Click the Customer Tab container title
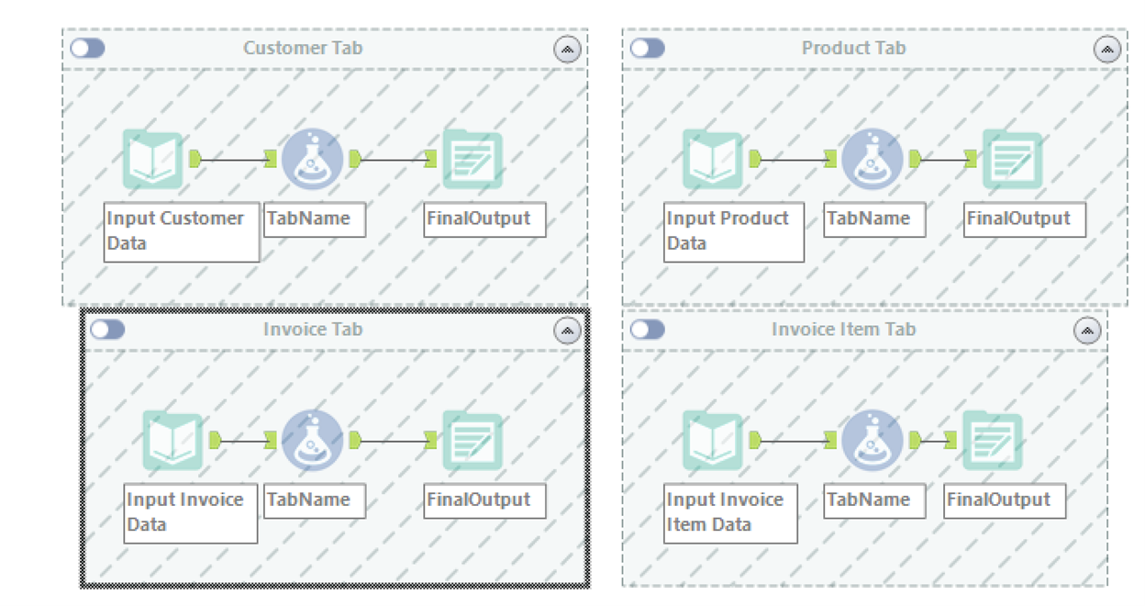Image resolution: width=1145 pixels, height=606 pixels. click(303, 48)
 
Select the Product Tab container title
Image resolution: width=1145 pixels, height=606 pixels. click(853, 48)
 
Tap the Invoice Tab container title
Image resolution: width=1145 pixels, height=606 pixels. click(313, 329)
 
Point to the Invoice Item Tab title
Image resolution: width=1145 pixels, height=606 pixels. click(843, 329)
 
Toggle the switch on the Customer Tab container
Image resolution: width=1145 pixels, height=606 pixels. click(88, 48)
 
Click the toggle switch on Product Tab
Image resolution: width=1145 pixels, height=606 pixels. click(647, 48)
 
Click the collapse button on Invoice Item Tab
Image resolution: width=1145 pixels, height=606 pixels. click(1087, 331)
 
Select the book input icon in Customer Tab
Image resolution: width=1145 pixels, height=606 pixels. click(153, 159)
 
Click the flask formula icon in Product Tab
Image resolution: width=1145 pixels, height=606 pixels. click(872, 159)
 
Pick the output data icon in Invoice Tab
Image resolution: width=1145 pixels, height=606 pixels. click(472, 441)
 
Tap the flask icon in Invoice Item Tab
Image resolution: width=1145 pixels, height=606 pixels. click(872, 441)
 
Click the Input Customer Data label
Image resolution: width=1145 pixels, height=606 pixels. click(181, 230)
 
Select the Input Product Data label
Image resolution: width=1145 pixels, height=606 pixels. click(733, 230)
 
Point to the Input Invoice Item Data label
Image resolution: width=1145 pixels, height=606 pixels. click(730, 512)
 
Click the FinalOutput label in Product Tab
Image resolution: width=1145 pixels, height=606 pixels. click(1024, 219)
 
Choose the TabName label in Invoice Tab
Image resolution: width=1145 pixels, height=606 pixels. click(314, 500)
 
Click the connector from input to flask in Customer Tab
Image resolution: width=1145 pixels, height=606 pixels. click(233, 160)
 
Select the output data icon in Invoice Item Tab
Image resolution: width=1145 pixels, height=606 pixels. click(992, 441)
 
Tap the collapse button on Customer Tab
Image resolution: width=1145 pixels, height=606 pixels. click(567, 50)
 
